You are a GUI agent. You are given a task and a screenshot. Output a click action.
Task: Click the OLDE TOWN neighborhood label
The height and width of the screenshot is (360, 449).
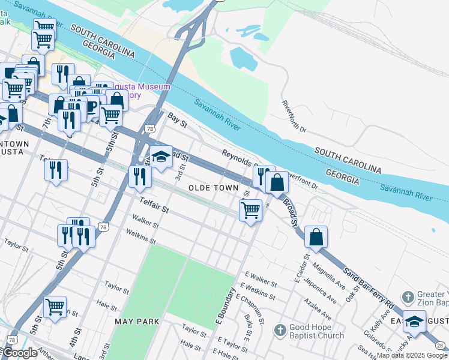(x=214, y=188)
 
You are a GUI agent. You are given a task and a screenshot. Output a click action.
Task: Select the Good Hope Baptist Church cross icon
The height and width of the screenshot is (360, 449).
(x=280, y=330)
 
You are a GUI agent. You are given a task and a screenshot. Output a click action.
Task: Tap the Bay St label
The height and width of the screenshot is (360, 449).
(x=178, y=120)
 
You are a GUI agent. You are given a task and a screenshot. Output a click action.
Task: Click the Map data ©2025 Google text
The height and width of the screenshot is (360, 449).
(x=412, y=355)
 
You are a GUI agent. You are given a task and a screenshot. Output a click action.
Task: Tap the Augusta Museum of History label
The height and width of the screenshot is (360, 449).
(x=147, y=91)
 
